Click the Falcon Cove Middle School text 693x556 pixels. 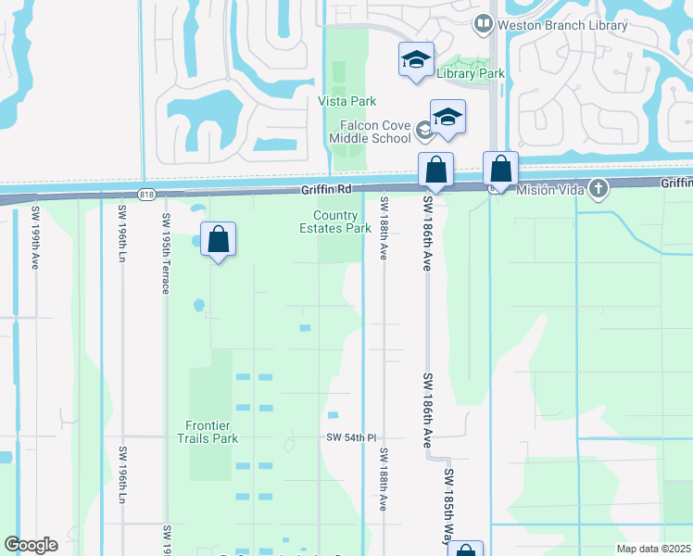[370, 132]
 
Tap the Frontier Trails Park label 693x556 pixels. [208, 432]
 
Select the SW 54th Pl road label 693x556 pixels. [351, 437]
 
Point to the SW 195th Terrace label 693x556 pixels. [166, 254]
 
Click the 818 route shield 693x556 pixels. [147, 194]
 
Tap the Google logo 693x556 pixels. [31, 545]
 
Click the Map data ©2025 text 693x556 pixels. [652, 549]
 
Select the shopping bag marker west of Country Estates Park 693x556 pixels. [218, 240]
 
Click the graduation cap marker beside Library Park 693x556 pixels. [416, 60]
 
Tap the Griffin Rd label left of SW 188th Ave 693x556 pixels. [327, 189]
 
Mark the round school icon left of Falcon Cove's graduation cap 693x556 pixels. [425, 131]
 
